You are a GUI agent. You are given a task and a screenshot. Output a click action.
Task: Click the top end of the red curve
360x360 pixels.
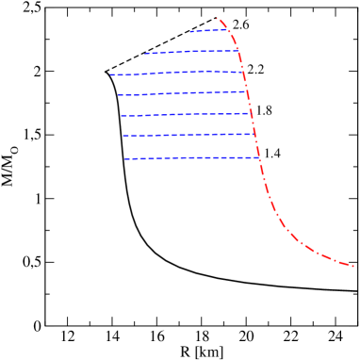(x=217, y=18)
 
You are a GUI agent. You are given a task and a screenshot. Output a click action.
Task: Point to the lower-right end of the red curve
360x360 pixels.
(x=353, y=266)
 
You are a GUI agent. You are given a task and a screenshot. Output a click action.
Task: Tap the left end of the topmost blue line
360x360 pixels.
(x=189, y=32)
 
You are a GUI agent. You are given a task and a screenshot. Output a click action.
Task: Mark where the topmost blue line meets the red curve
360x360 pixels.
(x=230, y=29)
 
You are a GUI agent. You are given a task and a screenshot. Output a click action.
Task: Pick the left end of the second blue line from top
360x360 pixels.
(x=145, y=53)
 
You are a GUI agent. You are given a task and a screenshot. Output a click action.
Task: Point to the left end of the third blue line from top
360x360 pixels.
(x=110, y=74)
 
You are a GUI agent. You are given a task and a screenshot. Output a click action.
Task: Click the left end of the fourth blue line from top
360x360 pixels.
(x=118, y=95)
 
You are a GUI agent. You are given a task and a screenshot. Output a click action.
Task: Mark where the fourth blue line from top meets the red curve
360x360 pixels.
(x=248, y=91)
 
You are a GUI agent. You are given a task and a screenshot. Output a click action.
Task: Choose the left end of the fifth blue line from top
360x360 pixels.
(x=121, y=116)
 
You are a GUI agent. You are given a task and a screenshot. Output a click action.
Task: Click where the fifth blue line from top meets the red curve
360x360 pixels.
(x=251, y=113)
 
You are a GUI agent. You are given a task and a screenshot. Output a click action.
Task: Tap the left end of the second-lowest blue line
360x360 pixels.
(x=123, y=137)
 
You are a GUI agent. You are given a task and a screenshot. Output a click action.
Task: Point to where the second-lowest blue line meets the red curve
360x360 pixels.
(x=254, y=134)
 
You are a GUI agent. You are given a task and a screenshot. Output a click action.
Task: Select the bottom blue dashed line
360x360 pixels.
(x=188, y=158)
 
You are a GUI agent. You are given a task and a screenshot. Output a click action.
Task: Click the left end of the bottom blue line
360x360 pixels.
(x=124, y=159)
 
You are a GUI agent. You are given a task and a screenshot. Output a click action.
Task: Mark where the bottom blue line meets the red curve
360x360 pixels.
(x=258, y=157)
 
